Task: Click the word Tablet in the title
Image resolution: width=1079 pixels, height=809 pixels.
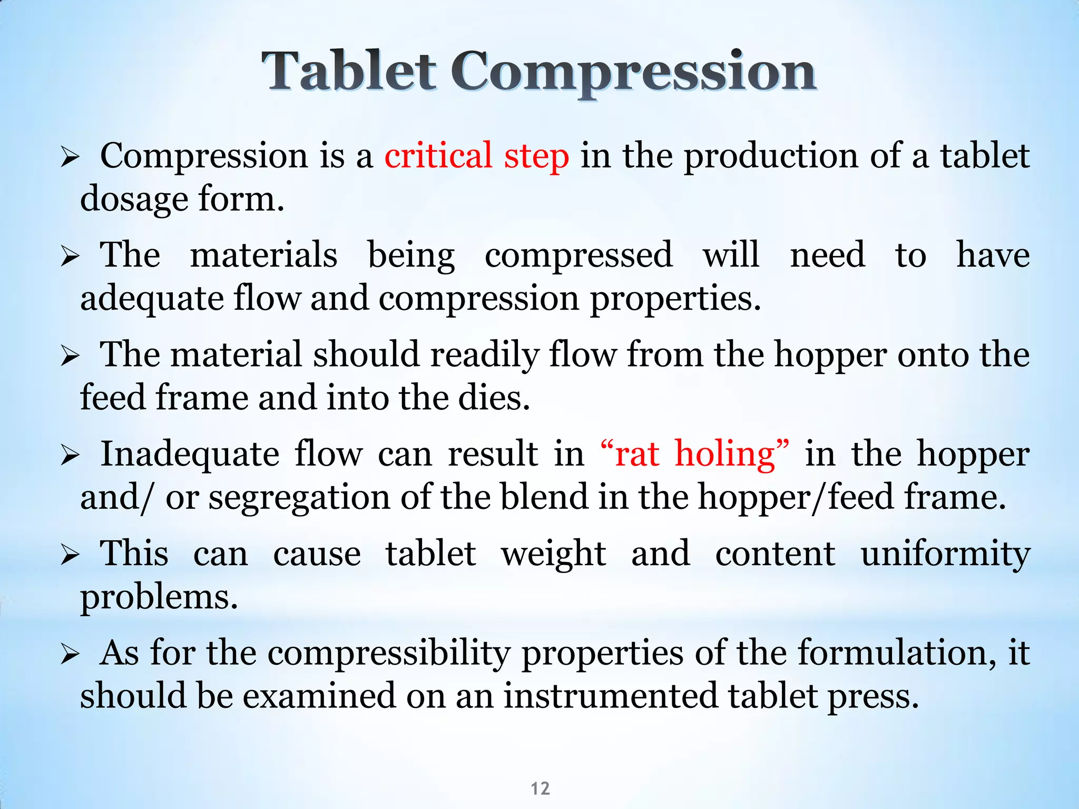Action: tap(349, 71)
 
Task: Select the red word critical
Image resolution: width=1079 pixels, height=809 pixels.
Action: tap(438, 156)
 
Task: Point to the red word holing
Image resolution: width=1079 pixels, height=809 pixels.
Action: tap(725, 454)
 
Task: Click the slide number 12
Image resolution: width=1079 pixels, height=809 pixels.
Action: tap(540, 788)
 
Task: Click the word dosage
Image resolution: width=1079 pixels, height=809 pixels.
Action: tap(134, 200)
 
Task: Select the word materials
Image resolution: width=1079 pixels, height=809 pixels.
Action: tap(263, 255)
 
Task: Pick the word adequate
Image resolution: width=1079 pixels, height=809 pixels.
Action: tap(152, 299)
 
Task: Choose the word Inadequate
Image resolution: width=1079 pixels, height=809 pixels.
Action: tap(190, 454)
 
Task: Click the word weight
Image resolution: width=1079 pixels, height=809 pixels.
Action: tap(553, 555)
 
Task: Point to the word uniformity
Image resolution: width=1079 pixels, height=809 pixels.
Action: tap(945, 555)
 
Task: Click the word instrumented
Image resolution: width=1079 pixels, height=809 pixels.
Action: tap(611, 696)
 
